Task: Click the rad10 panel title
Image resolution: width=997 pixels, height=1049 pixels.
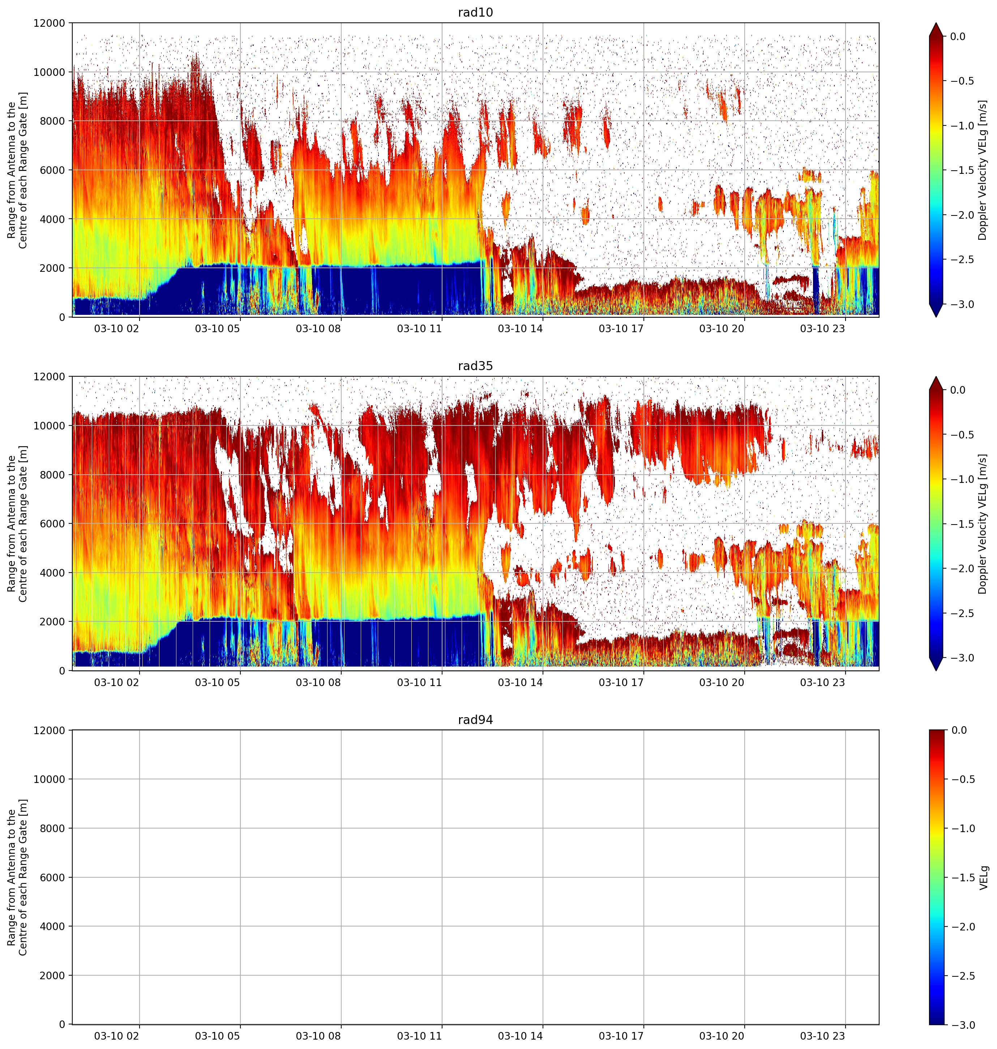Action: [475, 12]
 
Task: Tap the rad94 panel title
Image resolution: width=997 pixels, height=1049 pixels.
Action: [475, 720]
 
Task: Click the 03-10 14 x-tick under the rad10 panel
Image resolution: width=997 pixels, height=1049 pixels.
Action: [520, 328]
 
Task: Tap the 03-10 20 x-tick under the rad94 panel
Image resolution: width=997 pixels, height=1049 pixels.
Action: [721, 1035]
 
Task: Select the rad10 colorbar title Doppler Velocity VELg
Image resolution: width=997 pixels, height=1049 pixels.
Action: [982, 170]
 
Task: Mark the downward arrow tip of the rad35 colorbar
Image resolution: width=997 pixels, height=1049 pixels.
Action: [936, 670]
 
